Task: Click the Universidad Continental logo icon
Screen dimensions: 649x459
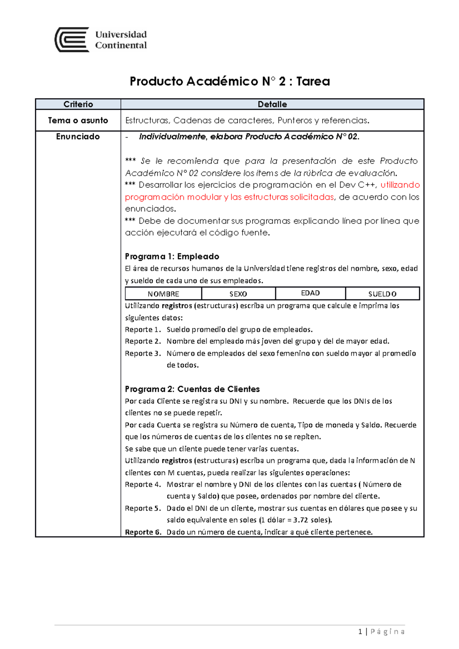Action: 72,40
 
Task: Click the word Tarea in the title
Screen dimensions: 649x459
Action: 313,81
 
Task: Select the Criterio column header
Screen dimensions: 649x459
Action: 78,104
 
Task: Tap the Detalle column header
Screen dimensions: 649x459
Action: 272,104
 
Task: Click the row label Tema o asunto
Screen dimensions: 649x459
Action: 78,120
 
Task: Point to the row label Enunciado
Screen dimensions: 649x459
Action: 78,136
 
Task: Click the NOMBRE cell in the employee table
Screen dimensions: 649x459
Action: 163,294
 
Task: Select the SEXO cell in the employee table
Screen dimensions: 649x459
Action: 238,294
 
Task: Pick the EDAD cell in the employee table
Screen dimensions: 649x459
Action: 310,293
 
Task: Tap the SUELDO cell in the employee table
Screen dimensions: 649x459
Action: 382,294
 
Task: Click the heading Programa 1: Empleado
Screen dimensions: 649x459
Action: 172,256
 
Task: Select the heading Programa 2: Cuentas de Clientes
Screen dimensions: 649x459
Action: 192,389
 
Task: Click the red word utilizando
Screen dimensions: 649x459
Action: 400,185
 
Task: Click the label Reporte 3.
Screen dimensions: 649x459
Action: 143,354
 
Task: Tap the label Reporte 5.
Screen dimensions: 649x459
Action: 143,508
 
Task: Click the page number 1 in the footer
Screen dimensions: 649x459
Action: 360,632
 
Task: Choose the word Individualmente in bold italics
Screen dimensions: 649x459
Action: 172,137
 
